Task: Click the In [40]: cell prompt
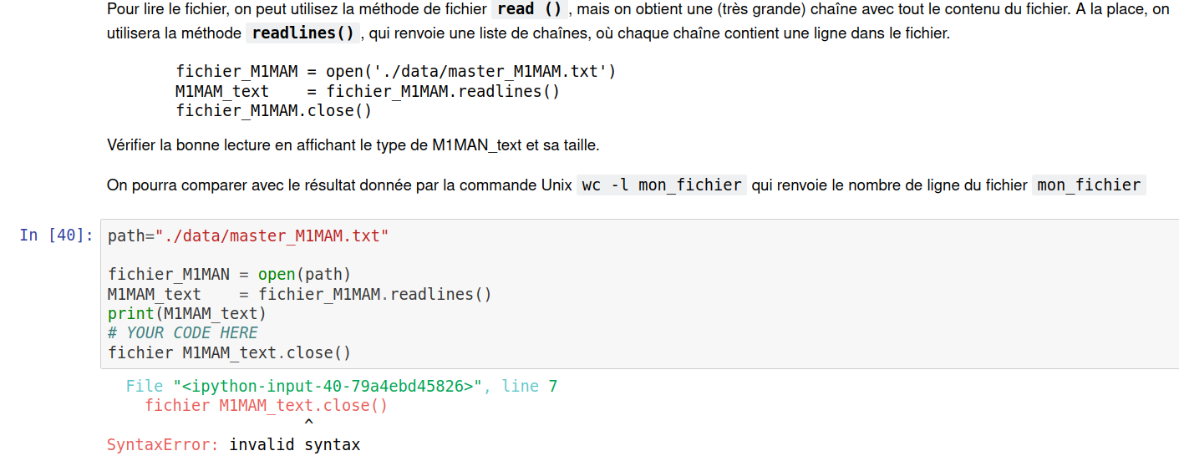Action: tap(56, 236)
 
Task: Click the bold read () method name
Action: tap(528, 10)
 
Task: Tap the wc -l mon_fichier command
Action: tap(661, 185)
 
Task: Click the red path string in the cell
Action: tap(272, 236)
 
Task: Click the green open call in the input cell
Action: tap(276, 274)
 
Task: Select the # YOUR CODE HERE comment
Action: tap(183, 333)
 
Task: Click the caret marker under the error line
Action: tap(308, 424)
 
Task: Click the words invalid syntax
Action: tap(294, 444)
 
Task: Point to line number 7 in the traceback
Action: tap(552, 386)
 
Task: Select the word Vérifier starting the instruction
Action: tap(132, 144)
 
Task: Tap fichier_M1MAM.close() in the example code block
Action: tap(273, 111)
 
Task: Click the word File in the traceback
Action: tap(145, 386)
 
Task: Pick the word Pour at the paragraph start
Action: tap(122, 10)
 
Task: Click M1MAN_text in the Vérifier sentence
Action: tap(476, 144)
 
